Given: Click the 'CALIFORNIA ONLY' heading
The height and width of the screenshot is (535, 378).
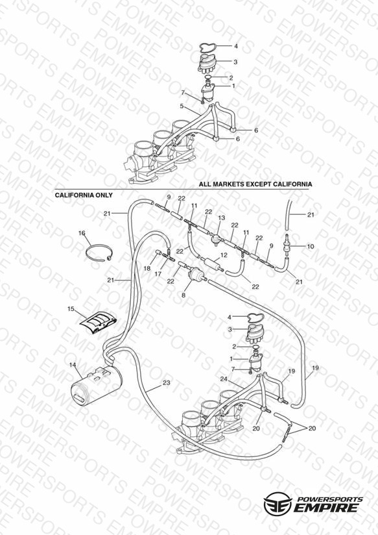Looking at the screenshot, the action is point(84,195).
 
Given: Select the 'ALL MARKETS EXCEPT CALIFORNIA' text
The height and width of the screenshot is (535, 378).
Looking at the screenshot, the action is point(255,184).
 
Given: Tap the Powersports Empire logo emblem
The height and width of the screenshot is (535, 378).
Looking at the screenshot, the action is point(278,503).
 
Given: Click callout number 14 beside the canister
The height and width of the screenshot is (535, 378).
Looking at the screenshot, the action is point(73,365).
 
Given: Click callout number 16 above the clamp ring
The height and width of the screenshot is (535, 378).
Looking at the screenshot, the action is point(82,233).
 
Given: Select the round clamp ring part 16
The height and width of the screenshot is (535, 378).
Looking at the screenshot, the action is point(99,253).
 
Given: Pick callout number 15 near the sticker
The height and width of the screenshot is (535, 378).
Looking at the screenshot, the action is point(71,309).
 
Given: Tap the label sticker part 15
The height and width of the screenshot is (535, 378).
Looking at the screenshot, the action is point(99,323).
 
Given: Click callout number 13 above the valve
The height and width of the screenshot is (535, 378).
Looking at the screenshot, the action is point(222,218).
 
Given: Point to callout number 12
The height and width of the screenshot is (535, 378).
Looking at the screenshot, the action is point(224,255).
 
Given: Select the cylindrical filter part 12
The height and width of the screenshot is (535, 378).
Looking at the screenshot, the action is point(211,264).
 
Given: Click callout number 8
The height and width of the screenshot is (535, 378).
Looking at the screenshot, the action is point(183,295).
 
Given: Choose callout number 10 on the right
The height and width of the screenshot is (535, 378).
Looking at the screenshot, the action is point(311,246).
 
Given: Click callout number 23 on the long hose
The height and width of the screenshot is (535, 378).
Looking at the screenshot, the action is point(166,383).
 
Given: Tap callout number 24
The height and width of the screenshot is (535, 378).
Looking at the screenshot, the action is point(224,379).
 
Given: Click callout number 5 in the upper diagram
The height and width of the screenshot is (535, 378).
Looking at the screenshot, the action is point(182,106).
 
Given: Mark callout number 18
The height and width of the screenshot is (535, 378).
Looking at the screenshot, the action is point(147,269).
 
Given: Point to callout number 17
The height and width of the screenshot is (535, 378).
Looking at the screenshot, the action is point(158,274).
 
